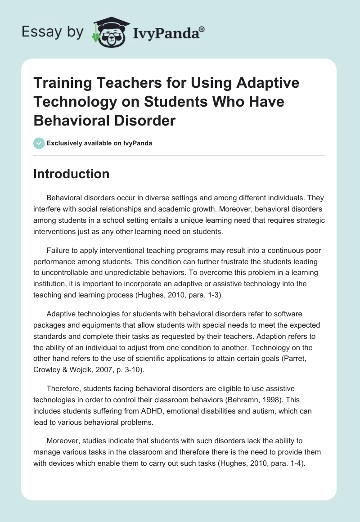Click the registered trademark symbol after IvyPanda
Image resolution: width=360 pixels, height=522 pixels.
pyautogui.click(x=202, y=29)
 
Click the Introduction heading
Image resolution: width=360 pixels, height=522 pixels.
pyautogui.click(x=72, y=174)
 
